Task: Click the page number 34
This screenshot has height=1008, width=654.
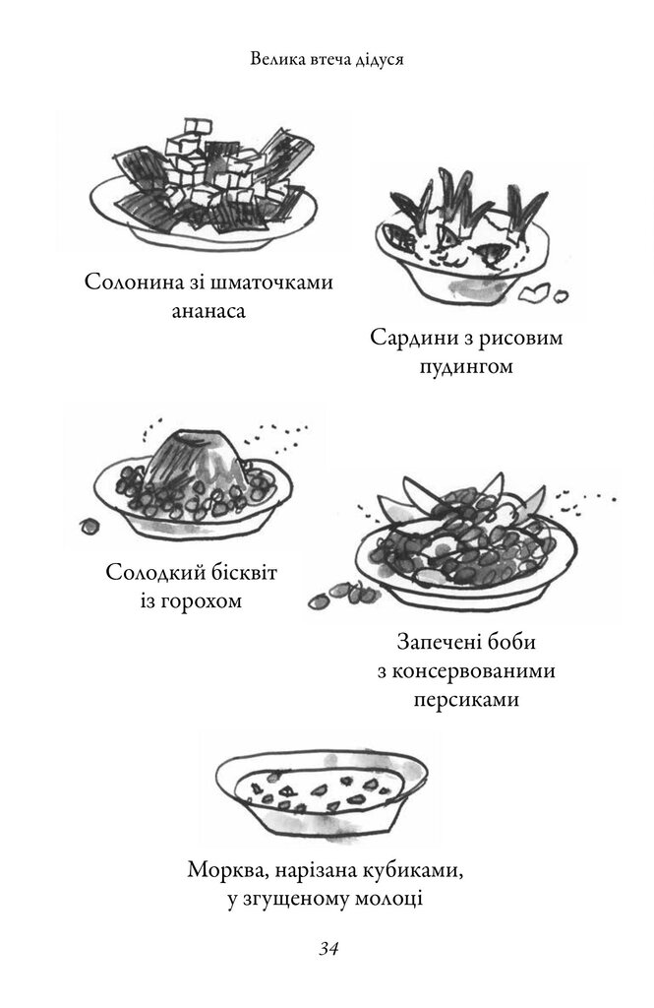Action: (328, 949)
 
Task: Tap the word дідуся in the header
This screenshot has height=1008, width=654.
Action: (378, 60)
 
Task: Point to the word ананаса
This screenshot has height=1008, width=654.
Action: (208, 312)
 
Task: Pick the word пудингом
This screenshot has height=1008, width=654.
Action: (466, 368)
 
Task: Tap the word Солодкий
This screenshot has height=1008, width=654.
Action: (154, 572)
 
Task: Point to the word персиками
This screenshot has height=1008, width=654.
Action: (466, 700)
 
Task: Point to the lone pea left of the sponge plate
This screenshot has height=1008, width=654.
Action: (89, 526)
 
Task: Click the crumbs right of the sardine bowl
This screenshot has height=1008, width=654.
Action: (542, 293)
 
